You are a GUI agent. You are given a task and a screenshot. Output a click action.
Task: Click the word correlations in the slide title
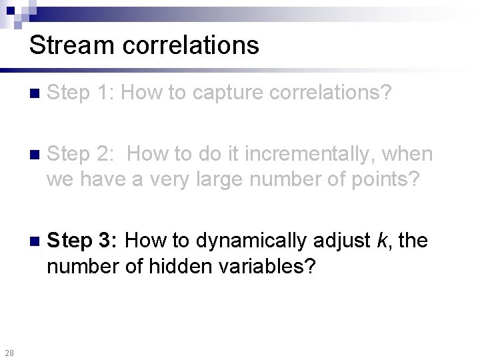coord(187,45)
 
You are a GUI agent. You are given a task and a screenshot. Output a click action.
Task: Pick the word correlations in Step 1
coord(331,93)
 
